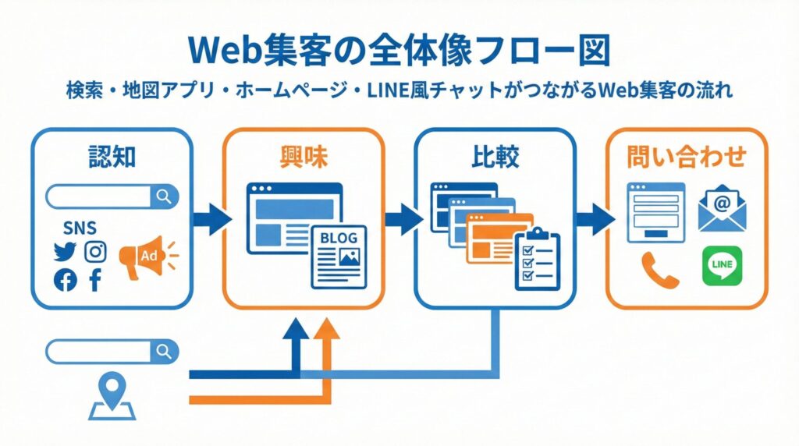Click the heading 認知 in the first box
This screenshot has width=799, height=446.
tap(112, 157)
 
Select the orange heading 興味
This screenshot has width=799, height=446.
tap(304, 157)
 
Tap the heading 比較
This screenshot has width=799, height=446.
tap(495, 157)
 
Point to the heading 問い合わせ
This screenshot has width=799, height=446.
tap(687, 157)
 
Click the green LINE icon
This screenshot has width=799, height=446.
tap(722, 267)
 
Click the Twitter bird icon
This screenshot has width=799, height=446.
tap(64, 252)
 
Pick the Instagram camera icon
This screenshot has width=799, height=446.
tap(95, 252)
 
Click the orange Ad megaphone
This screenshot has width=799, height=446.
tap(144, 256)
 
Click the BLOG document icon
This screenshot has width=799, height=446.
tap(339, 257)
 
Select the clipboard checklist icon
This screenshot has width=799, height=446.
tap(537, 260)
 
